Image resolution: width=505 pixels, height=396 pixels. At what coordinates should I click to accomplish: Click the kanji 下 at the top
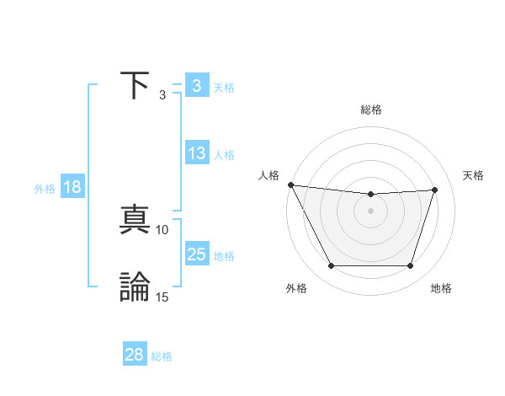click(x=136, y=84)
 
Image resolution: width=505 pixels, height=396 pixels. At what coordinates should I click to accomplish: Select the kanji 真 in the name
click(x=136, y=220)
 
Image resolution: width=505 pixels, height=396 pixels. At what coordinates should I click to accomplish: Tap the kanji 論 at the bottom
click(x=136, y=287)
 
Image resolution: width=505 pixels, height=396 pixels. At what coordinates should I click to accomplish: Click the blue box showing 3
click(x=196, y=86)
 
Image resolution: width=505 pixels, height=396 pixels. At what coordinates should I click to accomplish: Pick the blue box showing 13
click(x=196, y=153)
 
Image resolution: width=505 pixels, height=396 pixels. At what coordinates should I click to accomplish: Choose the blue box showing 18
click(x=72, y=187)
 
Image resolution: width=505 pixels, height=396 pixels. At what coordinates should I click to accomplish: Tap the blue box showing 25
click(x=196, y=254)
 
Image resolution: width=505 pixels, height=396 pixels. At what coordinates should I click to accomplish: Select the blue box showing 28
click(x=135, y=355)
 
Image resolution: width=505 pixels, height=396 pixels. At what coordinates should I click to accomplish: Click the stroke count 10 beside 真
click(x=162, y=229)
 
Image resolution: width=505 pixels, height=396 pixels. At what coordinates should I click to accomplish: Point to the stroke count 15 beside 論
click(x=162, y=297)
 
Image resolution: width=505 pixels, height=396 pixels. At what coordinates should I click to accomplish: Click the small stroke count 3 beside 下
click(x=162, y=94)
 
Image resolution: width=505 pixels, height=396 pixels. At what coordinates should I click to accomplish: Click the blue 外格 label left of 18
click(x=45, y=189)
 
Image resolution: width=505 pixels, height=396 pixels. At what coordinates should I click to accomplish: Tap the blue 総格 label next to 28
click(x=162, y=356)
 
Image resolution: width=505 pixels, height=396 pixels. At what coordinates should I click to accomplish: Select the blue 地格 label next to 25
click(x=224, y=256)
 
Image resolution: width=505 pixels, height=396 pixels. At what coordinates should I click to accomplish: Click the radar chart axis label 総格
click(x=371, y=110)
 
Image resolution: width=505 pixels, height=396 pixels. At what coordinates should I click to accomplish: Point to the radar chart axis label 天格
click(x=473, y=175)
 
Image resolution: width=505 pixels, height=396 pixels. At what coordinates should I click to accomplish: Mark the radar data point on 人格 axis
click(x=290, y=185)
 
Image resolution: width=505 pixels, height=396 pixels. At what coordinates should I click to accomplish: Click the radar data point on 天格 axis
click(x=435, y=190)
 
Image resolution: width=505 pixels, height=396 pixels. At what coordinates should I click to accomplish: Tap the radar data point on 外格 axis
click(x=331, y=266)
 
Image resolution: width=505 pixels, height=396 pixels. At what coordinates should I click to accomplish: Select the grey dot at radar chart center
click(x=371, y=211)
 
